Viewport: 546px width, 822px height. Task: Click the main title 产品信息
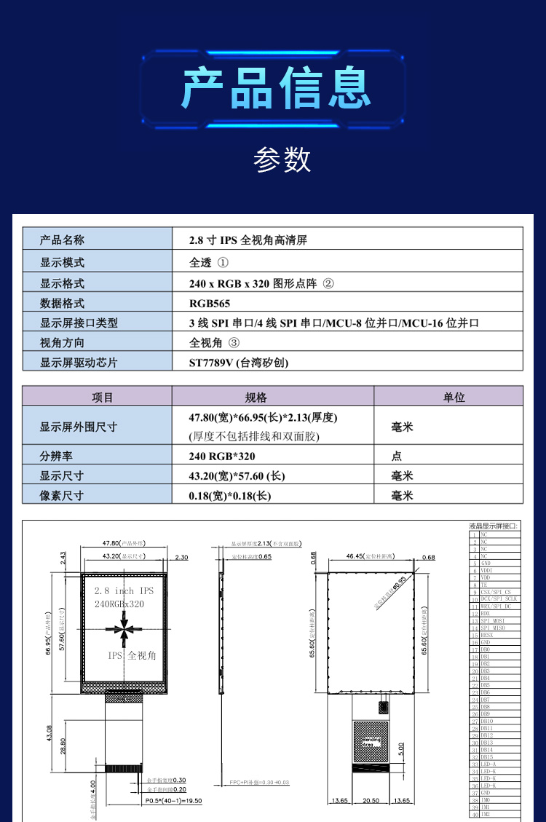pyautogui.click(x=276, y=88)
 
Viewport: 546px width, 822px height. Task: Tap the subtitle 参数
pyautogui.click(x=282, y=158)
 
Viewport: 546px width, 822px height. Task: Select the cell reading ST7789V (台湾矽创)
pyautogui.click(x=243, y=362)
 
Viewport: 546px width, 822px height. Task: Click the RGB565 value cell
pyautogui.click(x=210, y=303)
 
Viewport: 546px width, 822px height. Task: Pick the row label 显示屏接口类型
pyautogui.click(x=78, y=323)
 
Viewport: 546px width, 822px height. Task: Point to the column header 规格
pyautogui.click(x=256, y=397)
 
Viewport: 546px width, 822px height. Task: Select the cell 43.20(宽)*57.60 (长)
pyautogui.click(x=237, y=475)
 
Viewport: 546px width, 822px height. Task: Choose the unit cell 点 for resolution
pyautogui.click(x=397, y=456)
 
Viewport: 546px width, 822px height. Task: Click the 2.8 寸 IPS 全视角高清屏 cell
pyautogui.click(x=248, y=240)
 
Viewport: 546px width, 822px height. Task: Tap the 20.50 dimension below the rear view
pyautogui.click(x=371, y=800)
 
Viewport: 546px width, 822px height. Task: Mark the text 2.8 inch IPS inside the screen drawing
pyautogui.click(x=124, y=590)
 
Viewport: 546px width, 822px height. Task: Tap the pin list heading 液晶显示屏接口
pyautogui.click(x=494, y=526)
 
